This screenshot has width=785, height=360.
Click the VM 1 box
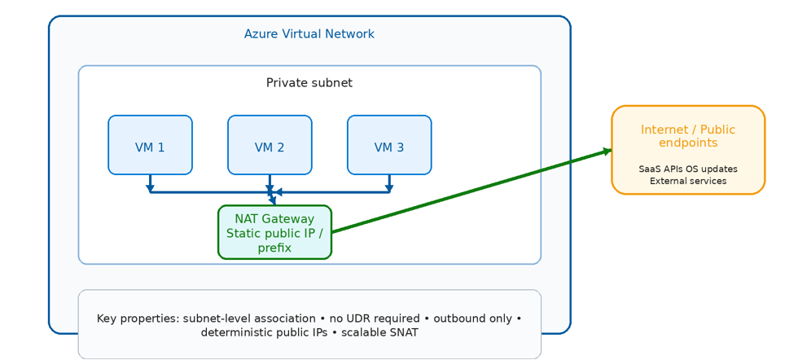point(150,145)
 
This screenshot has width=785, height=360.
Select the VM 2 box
point(270,145)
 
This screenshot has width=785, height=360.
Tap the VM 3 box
point(389,145)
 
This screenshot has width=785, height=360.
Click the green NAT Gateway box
point(274,232)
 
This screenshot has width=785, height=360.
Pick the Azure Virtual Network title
point(309,34)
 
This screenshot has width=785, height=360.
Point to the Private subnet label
point(309,83)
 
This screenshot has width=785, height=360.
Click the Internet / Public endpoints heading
point(688,136)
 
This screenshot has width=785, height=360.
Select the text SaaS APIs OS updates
point(688,169)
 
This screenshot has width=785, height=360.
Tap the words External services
point(688,181)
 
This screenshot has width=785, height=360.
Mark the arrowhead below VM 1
point(150,188)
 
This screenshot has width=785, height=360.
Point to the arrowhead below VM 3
point(389,188)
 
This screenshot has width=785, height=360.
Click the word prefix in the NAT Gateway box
point(274,248)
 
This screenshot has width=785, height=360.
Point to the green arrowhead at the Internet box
point(607,151)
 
